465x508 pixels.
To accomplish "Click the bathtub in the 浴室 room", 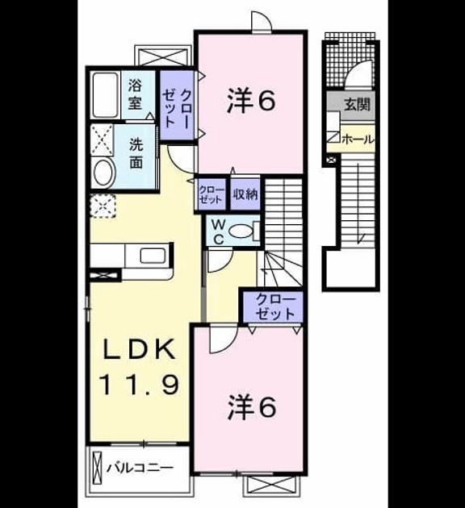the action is click(105, 95).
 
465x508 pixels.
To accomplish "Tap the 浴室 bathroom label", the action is click(135, 94).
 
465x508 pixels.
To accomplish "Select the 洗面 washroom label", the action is click(136, 153).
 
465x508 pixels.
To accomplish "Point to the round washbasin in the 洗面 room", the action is click(104, 173).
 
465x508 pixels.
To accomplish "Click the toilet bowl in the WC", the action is click(241, 231).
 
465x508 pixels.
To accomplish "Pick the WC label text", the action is click(219, 231).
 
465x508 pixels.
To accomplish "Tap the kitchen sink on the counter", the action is click(153, 256).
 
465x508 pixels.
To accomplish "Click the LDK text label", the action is click(140, 350).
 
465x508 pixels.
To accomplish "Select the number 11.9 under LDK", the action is click(140, 385).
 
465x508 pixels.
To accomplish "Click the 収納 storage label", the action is click(245, 194).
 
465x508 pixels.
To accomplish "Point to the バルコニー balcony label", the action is click(140, 468).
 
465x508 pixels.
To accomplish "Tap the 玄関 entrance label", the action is click(357, 105).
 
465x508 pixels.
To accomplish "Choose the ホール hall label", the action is click(358, 140).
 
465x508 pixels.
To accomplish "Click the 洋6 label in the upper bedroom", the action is click(251, 101).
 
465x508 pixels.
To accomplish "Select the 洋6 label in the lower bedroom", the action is click(252, 407).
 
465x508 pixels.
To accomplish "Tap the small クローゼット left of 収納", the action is click(212, 194).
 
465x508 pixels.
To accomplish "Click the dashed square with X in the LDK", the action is click(103, 206).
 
